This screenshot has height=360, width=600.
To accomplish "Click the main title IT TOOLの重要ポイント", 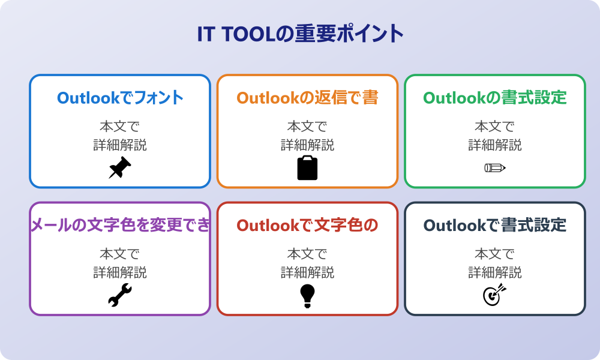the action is [300, 34].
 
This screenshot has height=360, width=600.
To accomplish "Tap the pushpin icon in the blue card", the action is [120, 167].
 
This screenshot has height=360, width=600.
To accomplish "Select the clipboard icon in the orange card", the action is [307, 167].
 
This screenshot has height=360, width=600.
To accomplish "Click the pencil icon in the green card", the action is [495, 167].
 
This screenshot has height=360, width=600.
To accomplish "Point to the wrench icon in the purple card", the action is [120, 295].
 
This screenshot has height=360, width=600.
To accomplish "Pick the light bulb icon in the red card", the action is [307, 296].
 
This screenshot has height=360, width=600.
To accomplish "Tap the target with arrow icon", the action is [495, 295].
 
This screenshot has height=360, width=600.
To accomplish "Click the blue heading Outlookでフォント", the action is [120, 98].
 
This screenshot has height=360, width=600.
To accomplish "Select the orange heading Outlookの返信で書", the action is [307, 98].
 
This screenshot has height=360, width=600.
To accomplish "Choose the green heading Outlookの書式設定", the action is [495, 98].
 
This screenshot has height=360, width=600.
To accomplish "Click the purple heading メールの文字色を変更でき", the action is [120, 226].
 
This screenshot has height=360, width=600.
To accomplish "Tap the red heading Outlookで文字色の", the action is [307, 226].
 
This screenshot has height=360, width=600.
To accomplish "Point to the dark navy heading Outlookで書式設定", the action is [495, 226].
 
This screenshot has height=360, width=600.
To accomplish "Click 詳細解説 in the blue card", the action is [120, 145].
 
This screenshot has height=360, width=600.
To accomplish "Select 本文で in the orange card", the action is [307, 126].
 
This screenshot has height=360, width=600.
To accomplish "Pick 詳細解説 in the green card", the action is [495, 145].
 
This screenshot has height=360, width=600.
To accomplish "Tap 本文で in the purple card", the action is [120, 254].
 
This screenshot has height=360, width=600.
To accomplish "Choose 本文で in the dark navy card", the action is [495, 254].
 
